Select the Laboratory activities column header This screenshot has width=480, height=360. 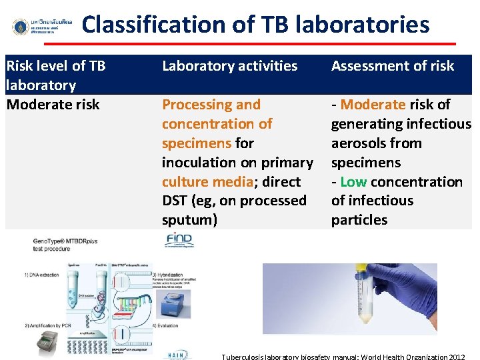[229, 66]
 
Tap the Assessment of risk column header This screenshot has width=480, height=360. [392, 66]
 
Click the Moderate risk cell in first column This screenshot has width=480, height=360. [53, 105]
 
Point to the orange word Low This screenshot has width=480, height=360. [353, 182]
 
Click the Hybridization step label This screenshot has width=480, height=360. [167, 275]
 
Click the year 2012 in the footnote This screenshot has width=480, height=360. [457, 357]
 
